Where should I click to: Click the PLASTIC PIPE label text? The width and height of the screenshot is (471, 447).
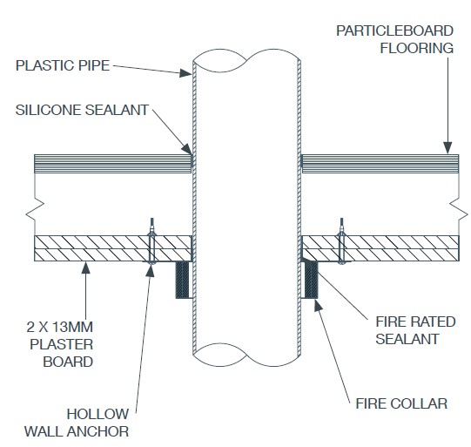pyautogui.click(x=63, y=65)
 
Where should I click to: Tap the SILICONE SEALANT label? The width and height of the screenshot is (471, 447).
pyautogui.click(x=82, y=110)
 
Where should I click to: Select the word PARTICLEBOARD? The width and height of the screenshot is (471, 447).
pyautogui.click(x=394, y=31)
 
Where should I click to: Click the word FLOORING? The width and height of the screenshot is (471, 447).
pyautogui.click(x=417, y=49)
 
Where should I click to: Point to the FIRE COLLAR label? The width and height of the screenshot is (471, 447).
pyautogui.click(x=401, y=403)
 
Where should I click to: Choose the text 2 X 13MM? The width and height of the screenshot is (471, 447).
pyautogui.click(x=59, y=327)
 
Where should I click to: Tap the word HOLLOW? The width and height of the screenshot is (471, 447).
pyautogui.click(x=98, y=414)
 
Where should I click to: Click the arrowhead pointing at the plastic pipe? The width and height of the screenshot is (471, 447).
pyautogui.click(x=185, y=73)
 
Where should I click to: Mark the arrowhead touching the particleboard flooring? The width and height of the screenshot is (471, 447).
pyautogui.click(x=447, y=147)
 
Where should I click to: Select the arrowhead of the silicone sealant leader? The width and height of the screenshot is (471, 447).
pyautogui.click(x=186, y=149)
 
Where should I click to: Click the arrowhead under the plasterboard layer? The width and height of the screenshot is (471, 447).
pyautogui.click(x=86, y=268)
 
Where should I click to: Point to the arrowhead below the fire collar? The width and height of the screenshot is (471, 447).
pyautogui.click(x=319, y=305)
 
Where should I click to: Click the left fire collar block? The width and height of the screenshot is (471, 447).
pyautogui.click(x=182, y=280)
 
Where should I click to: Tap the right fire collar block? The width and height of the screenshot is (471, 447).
pyautogui.click(x=311, y=280)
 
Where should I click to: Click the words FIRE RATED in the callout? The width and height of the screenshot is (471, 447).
pyautogui.click(x=416, y=322)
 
